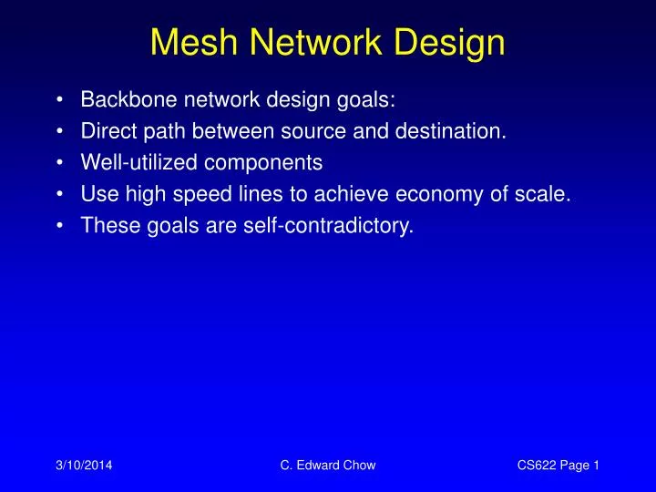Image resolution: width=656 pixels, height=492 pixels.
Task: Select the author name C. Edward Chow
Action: coord(329,466)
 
